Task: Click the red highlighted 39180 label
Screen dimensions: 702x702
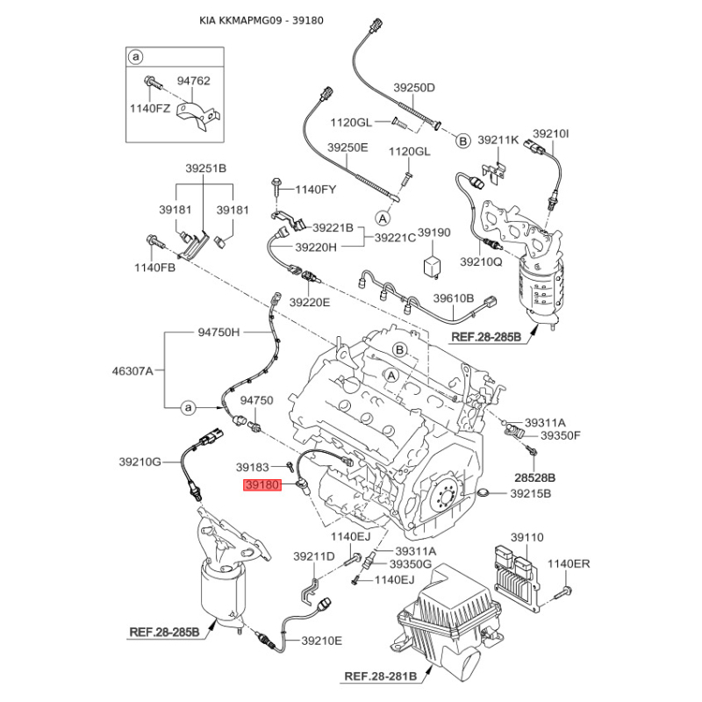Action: [262, 485]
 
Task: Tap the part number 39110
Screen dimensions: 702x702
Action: [527, 537]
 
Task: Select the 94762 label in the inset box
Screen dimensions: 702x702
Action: [193, 81]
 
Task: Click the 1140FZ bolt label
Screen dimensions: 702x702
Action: [150, 108]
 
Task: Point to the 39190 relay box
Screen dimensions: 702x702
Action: [432, 264]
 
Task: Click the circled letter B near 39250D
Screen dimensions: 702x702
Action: [463, 141]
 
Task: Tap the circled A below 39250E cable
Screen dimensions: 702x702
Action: [383, 218]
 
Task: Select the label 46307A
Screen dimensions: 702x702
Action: [133, 370]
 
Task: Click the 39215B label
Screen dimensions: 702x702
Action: [531, 493]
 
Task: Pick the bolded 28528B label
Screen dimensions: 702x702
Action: [534, 477]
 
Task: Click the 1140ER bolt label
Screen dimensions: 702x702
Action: [569, 563]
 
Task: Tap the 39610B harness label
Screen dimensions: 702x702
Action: [453, 297]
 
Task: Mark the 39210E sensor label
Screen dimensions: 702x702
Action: [321, 641]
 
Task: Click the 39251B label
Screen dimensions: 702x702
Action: [206, 168]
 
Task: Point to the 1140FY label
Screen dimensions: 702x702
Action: [315, 190]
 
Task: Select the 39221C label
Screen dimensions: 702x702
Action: [395, 237]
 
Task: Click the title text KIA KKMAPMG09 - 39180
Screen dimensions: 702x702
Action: [261, 20]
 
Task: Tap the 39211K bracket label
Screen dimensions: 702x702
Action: [498, 140]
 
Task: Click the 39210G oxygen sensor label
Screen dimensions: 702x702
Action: [140, 462]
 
